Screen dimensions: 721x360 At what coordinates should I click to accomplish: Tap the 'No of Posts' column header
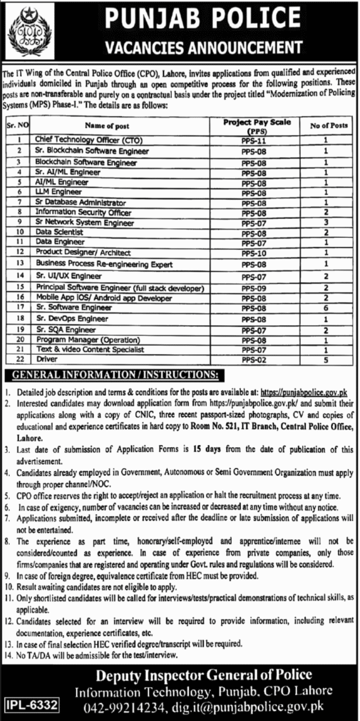pyautogui.click(x=326, y=125)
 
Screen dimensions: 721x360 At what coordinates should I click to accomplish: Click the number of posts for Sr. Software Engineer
pyautogui.click(x=326, y=308)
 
